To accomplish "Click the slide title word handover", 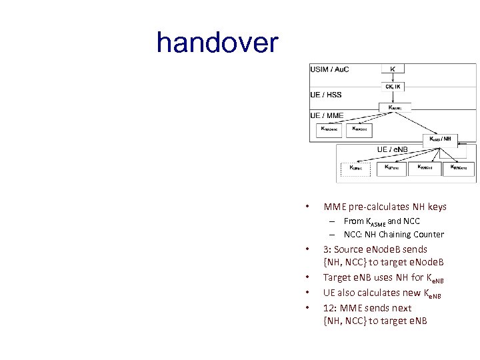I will point(217,43).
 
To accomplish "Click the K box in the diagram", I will point(393,69).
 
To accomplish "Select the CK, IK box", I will point(393,86).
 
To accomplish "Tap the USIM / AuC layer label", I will point(330,69).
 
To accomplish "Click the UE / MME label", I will point(327,115).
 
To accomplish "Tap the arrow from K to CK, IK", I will point(393,77).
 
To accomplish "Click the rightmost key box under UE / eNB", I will point(459,169).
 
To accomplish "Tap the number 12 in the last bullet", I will point(329,308).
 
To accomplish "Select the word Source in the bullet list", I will point(354,249).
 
